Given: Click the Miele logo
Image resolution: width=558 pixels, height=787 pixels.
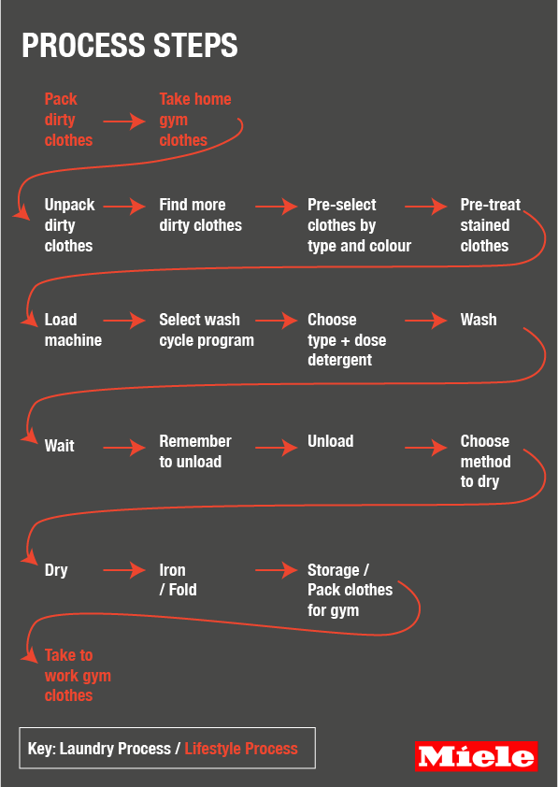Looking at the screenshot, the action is (x=476, y=756).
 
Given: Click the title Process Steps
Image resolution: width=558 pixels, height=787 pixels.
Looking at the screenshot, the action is (x=130, y=45).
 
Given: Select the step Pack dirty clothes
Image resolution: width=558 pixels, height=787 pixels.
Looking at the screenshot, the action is (x=69, y=120).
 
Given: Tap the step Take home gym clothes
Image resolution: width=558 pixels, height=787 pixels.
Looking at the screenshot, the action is (x=195, y=120).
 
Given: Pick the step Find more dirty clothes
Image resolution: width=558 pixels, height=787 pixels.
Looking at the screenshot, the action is (x=200, y=215).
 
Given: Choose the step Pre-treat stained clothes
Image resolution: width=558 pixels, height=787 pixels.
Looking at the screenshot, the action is (x=491, y=225).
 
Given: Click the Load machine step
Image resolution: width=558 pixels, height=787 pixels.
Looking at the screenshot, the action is (x=73, y=330).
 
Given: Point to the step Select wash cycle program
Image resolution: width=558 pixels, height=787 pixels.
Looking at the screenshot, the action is (x=207, y=330).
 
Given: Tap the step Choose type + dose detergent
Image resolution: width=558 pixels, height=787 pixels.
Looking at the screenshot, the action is (x=347, y=340).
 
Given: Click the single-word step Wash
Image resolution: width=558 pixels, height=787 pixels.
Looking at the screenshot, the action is (x=479, y=320).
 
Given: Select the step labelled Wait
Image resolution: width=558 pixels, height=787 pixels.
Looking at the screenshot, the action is (x=59, y=446).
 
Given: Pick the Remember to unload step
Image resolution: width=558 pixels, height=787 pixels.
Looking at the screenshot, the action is (x=195, y=451).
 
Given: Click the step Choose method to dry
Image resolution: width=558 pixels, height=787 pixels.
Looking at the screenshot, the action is (x=485, y=461).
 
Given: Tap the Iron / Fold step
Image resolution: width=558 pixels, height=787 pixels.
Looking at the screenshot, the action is (x=178, y=580).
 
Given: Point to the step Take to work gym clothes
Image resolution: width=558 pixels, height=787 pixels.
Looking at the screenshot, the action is (x=78, y=676).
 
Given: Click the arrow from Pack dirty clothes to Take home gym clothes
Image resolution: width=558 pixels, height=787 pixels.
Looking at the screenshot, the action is (x=124, y=122).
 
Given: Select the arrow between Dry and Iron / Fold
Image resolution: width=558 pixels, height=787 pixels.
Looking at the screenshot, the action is (x=124, y=570).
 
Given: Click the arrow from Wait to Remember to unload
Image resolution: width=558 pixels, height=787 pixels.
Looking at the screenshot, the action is (x=124, y=447).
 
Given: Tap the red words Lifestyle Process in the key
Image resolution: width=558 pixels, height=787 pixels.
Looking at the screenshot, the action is (x=241, y=749).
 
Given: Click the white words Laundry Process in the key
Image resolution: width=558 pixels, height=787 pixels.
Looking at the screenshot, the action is (x=115, y=749).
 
